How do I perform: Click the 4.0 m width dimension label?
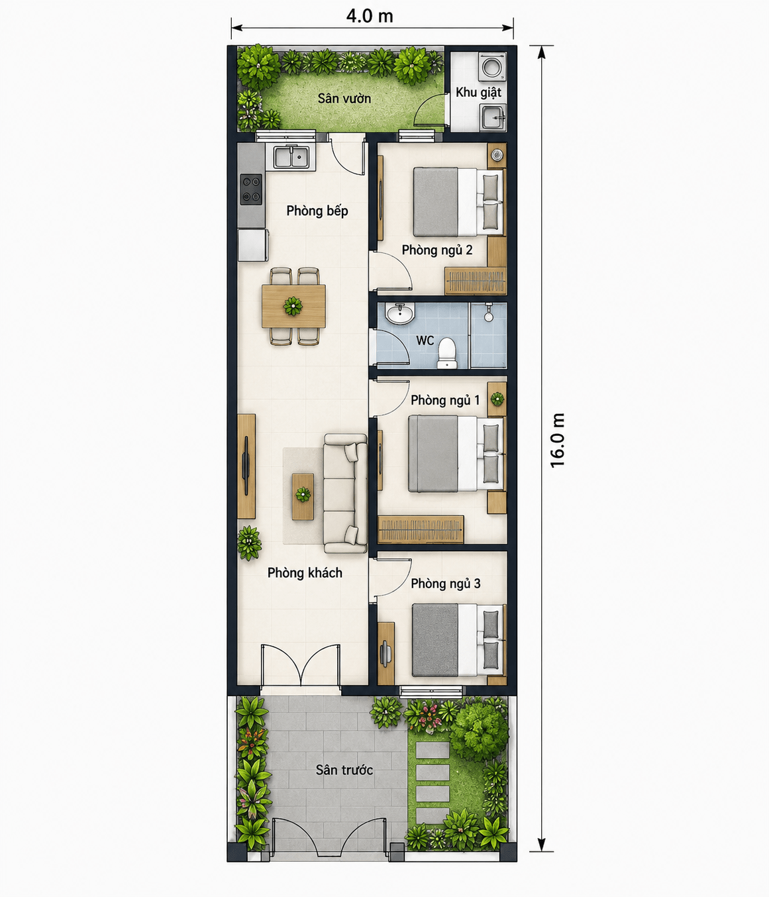370,16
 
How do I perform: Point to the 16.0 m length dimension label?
557,440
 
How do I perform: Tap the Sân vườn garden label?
344,99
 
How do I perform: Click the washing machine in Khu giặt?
493,66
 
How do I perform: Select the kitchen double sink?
291,157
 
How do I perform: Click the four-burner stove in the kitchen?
251,189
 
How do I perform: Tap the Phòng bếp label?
317,211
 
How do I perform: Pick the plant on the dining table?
293,306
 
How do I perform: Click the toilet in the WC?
446,353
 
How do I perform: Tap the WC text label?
425,341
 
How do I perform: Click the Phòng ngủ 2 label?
437,250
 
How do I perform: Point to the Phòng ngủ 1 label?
445,400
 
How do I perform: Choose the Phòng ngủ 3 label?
446,584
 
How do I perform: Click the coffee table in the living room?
303,496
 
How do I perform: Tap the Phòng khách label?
305,573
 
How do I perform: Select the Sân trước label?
344,770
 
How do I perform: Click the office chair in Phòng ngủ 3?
385,653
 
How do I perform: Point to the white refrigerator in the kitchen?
253,245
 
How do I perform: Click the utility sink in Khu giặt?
493,117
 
